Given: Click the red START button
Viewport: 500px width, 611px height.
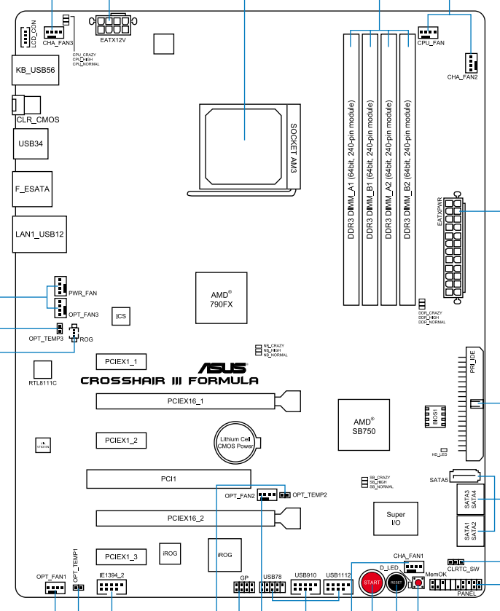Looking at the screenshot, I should click(x=372, y=584).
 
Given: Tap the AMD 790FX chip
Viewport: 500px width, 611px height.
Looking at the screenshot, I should click(x=216, y=298).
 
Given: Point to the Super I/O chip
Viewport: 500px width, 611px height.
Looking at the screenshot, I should click(x=396, y=519).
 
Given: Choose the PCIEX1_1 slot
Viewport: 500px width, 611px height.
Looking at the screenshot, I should click(x=121, y=361).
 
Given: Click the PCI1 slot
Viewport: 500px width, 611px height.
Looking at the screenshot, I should click(x=168, y=479).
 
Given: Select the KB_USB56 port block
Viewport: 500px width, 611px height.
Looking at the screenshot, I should click(x=36, y=70).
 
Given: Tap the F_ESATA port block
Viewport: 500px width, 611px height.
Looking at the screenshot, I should click(x=32, y=189).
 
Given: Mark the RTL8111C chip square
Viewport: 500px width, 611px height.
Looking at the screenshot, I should click(x=43, y=368).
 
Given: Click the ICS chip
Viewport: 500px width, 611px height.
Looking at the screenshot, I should click(x=121, y=316).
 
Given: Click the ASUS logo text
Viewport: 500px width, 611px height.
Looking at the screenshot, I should click(x=227, y=368).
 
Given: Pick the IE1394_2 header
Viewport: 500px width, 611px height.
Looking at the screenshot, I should click(x=112, y=586).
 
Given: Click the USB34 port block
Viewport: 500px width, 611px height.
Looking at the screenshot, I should click(x=30, y=143).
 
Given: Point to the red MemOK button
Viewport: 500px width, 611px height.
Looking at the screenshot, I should click(x=419, y=583).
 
